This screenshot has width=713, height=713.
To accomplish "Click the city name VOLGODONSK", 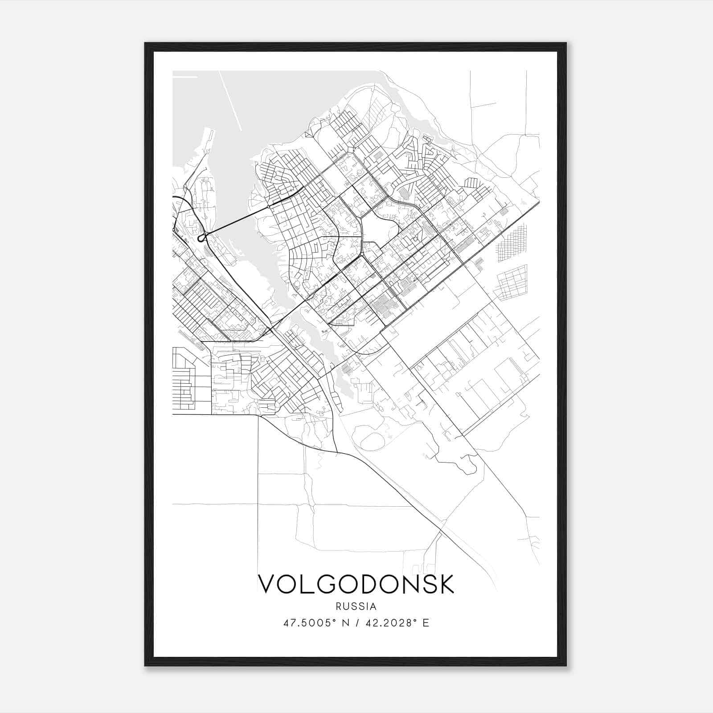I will [356, 584].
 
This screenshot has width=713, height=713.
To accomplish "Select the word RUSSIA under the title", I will [356, 606].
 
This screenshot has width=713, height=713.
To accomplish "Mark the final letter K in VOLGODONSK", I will [446, 584].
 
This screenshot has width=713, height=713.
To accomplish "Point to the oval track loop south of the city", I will [372, 441].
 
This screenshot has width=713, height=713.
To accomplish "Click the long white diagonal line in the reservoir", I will [230, 101].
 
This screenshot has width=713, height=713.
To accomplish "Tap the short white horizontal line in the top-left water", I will [184, 77].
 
